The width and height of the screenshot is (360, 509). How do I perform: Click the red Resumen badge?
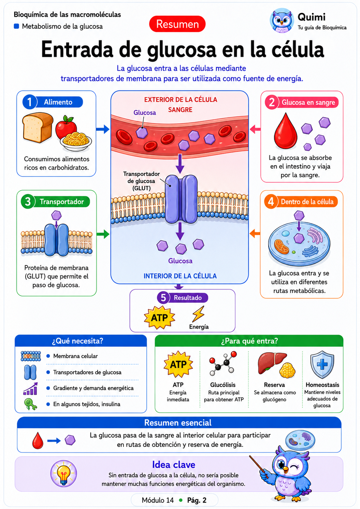[x=177, y=24]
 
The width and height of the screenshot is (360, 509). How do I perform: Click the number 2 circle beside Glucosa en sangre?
[x=272, y=102]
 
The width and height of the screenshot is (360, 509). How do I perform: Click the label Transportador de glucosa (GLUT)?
[x=142, y=181]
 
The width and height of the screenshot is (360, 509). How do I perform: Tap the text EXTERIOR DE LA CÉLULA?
[x=181, y=100]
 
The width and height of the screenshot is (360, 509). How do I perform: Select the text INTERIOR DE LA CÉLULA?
[x=180, y=276]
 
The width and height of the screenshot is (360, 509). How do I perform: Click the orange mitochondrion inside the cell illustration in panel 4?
[x=282, y=246]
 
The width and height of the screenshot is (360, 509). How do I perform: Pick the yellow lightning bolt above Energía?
[x=198, y=314]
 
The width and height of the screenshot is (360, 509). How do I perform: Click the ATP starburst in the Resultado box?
[x=159, y=318]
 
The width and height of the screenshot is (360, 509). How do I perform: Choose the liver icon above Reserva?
[x=272, y=363]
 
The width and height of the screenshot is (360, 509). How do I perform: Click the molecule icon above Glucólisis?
[x=223, y=363]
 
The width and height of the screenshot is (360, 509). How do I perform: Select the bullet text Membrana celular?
[x=75, y=356]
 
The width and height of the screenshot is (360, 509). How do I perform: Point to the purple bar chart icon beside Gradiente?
[x=30, y=389]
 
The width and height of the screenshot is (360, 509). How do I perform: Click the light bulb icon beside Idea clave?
[x=63, y=473]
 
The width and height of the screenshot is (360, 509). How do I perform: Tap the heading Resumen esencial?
[x=178, y=423]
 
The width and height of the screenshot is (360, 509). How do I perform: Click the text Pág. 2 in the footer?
[x=197, y=500]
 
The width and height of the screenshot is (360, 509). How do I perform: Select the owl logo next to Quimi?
[x=282, y=20]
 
